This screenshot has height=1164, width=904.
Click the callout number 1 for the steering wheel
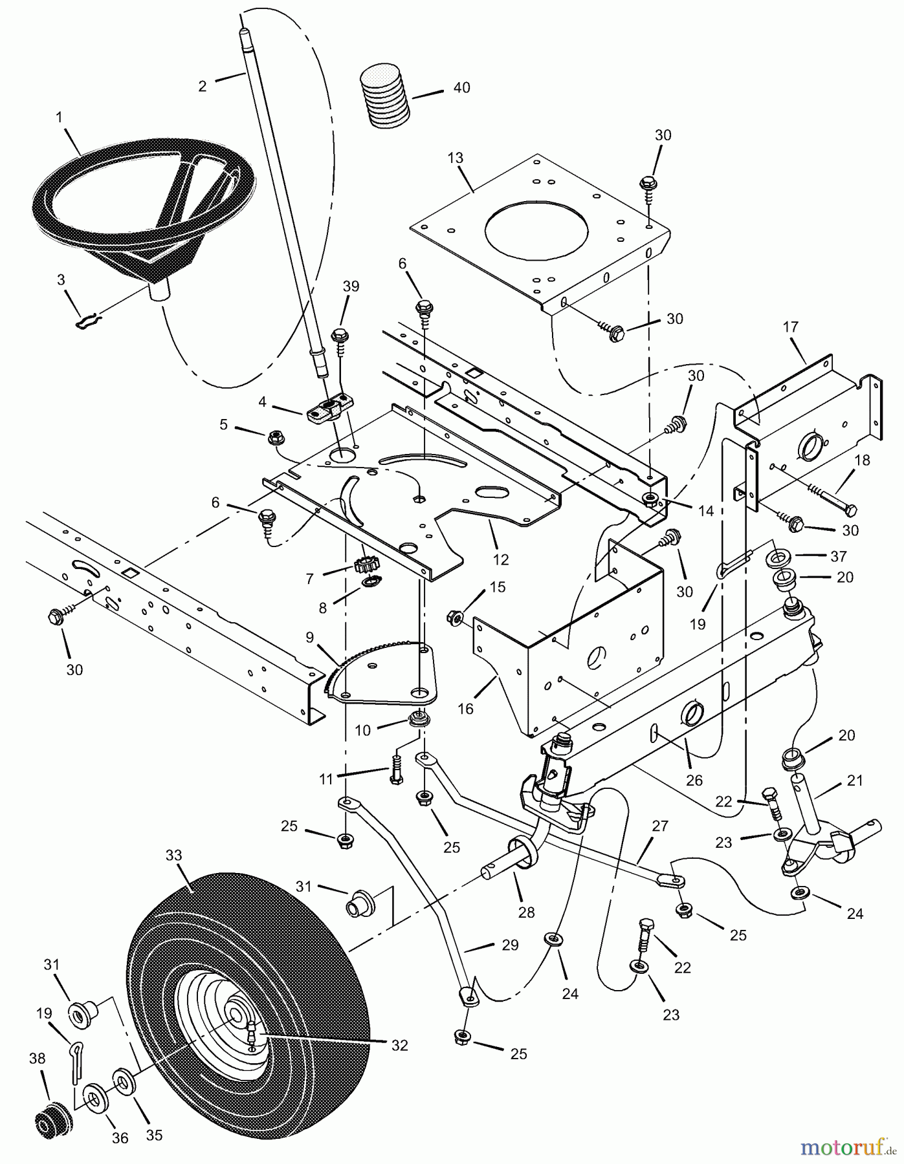coord(60,118)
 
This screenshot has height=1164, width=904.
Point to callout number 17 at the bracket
coord(791,327)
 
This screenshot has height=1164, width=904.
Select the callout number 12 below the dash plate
coord(500,559)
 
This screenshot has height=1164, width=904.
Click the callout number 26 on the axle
coord(694,781)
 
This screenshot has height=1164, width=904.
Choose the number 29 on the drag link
coord(510,945)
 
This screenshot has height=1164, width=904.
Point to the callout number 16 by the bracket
coord(465,709)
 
